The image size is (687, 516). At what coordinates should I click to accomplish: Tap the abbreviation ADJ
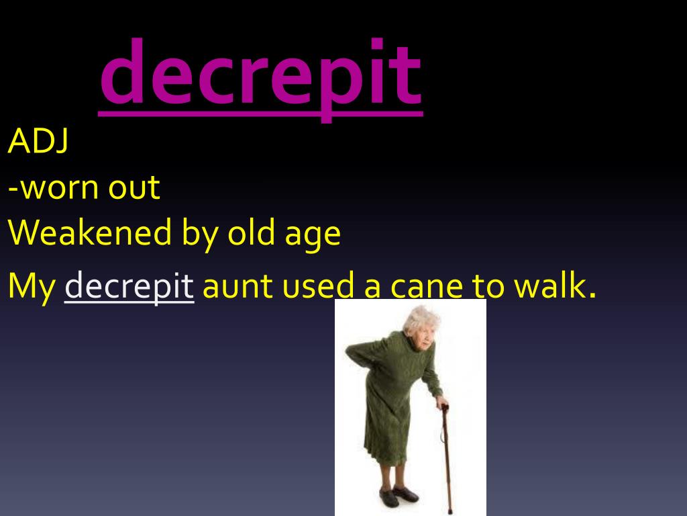point(38,141)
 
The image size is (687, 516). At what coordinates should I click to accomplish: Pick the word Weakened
point(90,232)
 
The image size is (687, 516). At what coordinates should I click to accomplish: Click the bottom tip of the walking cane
point(450,511)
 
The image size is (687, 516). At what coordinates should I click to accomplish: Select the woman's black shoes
point(399,495)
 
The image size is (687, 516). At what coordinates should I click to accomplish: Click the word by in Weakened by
point(199,234)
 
